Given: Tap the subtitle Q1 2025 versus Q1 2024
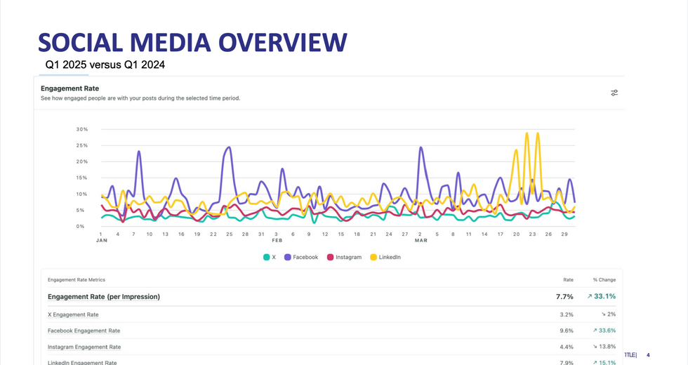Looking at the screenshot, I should click(x=105, y=65).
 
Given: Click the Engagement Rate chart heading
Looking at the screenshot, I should click(x=70, y=88).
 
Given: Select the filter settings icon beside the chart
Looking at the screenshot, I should click(x=614, y=93).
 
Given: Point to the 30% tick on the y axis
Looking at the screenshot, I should click(x=81, y=129).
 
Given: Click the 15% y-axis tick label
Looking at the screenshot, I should click(x=81, y=178).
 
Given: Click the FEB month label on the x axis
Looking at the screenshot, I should click(x=277, y=240).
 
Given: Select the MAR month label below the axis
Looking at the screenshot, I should click(x=421, y=240).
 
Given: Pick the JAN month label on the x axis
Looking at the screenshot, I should click(x=101, y=240).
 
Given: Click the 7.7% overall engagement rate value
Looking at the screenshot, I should click(x=564, y=297).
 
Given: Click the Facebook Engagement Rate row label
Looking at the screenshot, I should click(x=84, y=331).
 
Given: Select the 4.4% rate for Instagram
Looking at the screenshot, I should click(x=567, y=347).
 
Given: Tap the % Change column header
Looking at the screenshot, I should click(x=604, y=279).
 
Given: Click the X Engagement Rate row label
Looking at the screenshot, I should click(x=73, y=314).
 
